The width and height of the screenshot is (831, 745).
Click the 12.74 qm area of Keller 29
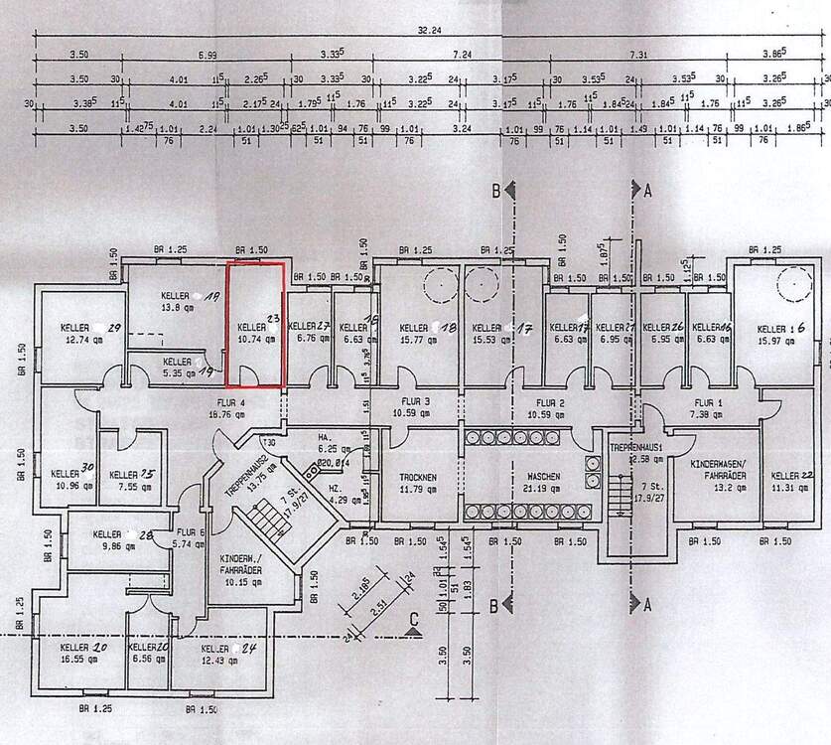[x=76, y=339]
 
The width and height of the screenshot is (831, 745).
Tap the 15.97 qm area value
[x=778, y=341]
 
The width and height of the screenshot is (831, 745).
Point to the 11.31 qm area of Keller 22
[x=789, y=488]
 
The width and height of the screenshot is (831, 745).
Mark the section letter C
[x=412, y=617]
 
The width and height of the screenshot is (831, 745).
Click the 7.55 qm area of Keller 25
[x=129, y=488]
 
